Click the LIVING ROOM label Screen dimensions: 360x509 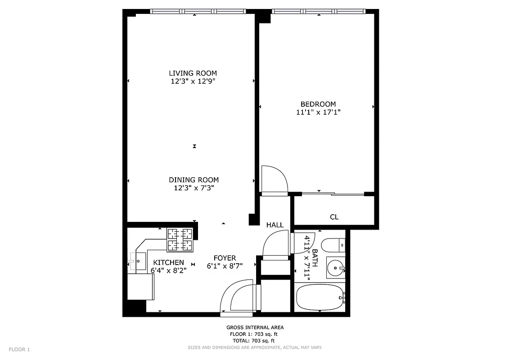coord(193,73)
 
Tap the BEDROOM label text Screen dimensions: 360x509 coord(318,104)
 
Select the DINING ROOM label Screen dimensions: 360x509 coord(194,180)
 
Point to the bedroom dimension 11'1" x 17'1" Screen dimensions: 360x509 coord(318,112)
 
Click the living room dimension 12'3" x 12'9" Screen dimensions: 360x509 coord(193,81)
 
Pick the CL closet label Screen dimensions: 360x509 coord(334,217)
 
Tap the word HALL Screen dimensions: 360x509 coord(275,225)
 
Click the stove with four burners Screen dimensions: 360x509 coord(180,240)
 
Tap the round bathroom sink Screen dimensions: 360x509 coord(335,269)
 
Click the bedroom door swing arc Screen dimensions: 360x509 coord(275,179)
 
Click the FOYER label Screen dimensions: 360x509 coord(225,258)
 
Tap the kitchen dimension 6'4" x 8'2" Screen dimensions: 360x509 coord(168,270)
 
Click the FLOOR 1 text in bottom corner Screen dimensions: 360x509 coord(19,349)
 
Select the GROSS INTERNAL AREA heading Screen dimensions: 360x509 coord(255,328)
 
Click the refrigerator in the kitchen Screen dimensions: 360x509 coord(141,287)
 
